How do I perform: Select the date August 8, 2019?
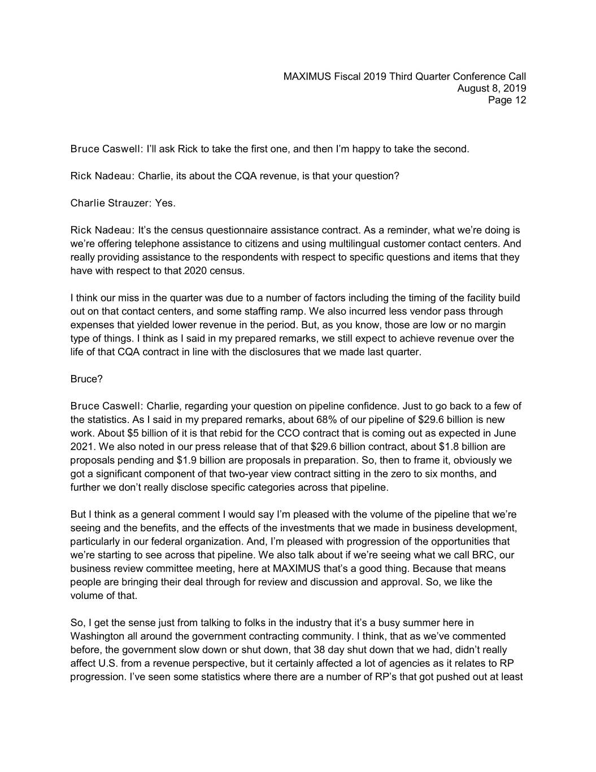click(x=491, y=89)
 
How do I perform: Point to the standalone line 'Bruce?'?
click(x=86, y=379)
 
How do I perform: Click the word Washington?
click(x=95, y=637)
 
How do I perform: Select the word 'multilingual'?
click(x=343, y=244)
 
